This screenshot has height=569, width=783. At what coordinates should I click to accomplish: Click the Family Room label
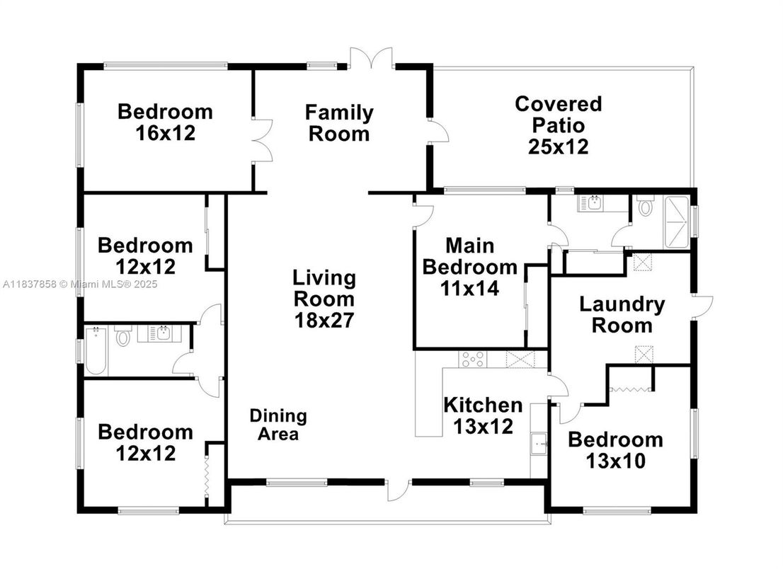click(339, 123)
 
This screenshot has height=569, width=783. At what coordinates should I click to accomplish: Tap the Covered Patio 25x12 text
click(558, 125)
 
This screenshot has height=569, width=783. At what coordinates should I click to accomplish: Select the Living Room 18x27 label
click(324, 298)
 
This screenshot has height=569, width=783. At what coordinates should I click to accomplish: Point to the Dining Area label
click(278, 425)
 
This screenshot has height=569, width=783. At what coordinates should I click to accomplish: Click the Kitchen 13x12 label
click(483, 415)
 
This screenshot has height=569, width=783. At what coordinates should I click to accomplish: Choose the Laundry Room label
click(622, 315)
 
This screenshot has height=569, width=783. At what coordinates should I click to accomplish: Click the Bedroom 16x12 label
click(165, 122)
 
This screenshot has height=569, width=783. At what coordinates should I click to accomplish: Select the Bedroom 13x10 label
click(615, 450)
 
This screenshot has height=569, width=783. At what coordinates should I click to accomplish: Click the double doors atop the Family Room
click(371, 58)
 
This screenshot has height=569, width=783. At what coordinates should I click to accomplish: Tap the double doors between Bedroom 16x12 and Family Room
click(262, 141)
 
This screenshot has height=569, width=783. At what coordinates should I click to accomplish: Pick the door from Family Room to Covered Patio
click(438, 133)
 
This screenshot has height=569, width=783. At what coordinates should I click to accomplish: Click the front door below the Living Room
click(399, 490)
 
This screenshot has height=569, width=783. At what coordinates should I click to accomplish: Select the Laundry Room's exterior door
click(703, 305)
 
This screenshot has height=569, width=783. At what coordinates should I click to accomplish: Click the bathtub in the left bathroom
click(96, 351)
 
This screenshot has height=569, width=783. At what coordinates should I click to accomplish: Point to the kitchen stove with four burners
click(472, 360)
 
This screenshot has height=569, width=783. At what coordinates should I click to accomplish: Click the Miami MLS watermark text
click(79, 284)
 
